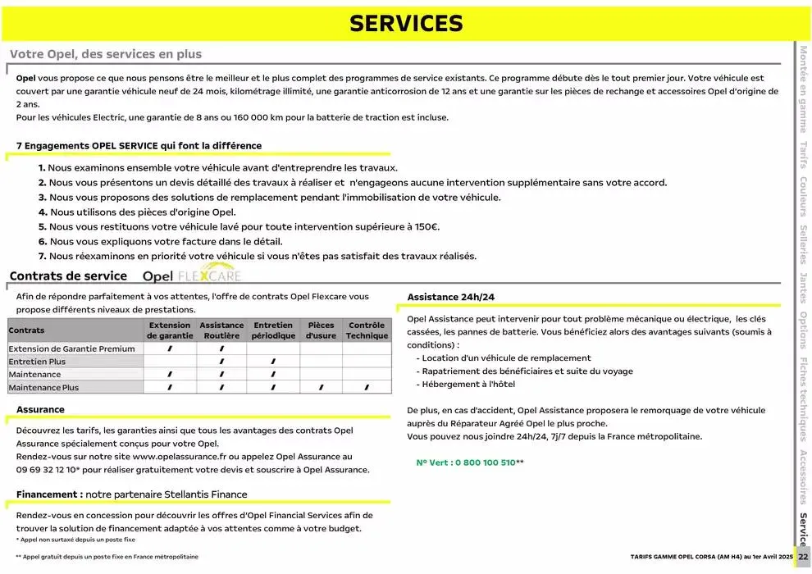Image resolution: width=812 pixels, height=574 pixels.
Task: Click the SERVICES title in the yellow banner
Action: click(x=406, y=24)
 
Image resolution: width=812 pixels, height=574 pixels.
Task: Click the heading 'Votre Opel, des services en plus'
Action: click(x=106, y=54)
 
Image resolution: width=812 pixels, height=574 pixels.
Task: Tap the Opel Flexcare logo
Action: click(x=192, y=276)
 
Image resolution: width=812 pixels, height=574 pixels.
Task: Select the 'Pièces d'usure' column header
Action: click(x=321, y=330)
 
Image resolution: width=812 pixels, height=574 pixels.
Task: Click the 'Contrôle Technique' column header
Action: click(x=367, y=330)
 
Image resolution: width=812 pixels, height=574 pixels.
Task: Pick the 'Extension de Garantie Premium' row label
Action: click(x=71, y=348)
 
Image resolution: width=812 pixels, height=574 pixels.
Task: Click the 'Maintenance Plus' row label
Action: click(x=43, y=387)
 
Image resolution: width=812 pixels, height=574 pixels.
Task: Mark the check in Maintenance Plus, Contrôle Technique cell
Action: click(x=367, y=387)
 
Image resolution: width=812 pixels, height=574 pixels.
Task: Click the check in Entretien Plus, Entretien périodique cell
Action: click(x=273, y=362)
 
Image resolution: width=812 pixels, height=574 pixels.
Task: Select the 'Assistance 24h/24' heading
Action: click(x=451, y=297)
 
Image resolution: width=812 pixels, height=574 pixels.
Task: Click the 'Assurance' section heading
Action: click(x=40, y=409)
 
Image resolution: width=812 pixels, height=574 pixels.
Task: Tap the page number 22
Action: click(x=803, y=557)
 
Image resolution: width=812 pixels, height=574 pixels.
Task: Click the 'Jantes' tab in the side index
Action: click(x=804, y=287)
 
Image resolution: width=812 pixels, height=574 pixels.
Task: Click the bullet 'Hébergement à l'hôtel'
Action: click(x=468, y=384)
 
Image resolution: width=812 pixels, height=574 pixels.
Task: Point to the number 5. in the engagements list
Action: click(x=43, y=226)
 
